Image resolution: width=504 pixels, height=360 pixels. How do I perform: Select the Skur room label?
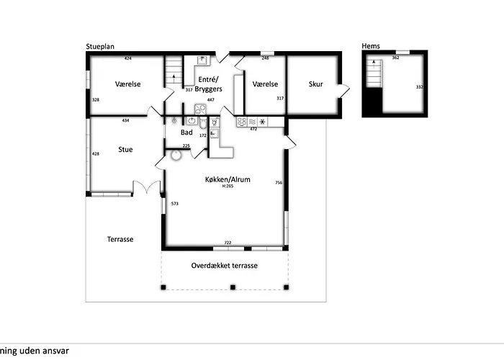pyautogui.click(x=315, y=84)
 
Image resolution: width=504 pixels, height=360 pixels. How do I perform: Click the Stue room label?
pyautogui.click(x=125, y=150)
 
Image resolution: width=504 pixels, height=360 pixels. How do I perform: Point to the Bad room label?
pyautogui.click(x=186, y=132)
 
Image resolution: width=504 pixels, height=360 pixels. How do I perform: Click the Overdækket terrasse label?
pyautogui.click(x=225, y=266)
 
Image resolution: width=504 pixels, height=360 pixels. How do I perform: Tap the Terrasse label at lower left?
pyautogui.click(x=120, y=239)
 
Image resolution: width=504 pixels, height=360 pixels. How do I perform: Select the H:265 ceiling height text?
pyautogui.click(x=228, y=186)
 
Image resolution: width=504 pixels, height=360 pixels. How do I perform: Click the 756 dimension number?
pyautogui.click(x=279, y=183)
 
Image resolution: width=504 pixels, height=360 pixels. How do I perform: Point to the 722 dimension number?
pyautogui.click(x=228, y=243)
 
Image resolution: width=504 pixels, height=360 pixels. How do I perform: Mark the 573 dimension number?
pyautogui.click(x=174, y=204)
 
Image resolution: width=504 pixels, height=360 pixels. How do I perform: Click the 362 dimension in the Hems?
pyautogui.click(x=395, y=57)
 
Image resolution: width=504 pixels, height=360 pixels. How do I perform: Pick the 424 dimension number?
pyautogui.click(x=127, y=58)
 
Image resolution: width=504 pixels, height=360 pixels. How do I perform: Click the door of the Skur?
pyautogui.click(x=345, y=90)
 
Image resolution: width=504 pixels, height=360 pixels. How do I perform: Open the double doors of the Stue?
pyautogui.click(x=147, y=187)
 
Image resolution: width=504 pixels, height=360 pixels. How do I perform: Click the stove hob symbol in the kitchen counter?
pyautogui.click(x=242, y=122)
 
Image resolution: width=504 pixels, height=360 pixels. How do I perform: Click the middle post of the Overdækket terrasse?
pyautogui.click(x=232, y=287)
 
